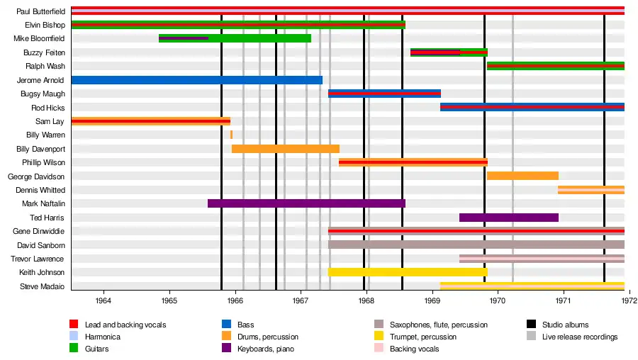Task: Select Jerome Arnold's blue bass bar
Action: coord(196,80)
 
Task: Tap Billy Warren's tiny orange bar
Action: coord(231,135)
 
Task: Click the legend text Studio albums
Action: coord(566,325)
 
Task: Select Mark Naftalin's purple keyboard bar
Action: coord(306,203)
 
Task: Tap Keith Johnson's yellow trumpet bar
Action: coord(408,272)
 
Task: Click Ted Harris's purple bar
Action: coord(509,218)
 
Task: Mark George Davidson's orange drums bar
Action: coord(522,176)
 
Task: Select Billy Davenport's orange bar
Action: coord(286,149)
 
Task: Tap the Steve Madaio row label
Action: coord(44,286)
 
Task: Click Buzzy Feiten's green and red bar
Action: coord(449,52)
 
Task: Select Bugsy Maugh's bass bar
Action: coord(384,94)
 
